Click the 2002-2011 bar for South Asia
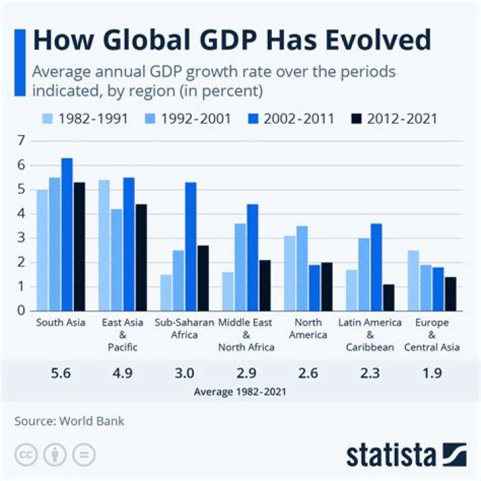pyautogui.click(x=67, y=234)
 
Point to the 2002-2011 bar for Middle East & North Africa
pyautogui.click(x=253, y=257)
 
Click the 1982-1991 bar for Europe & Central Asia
pyautogui.click(x=414, y=281)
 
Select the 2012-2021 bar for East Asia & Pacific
pyautogui.click(x=141, y=257)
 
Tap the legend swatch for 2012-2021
pyautogui.click(x=357, y=120)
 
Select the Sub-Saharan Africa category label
pyautogui.click(x=184, y=329)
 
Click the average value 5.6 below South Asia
pyautogui.click(x=61, y=373)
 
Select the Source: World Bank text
pyautogui.click(x=69, y=421)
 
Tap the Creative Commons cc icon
pyautogui.click(x=27, y=455)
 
